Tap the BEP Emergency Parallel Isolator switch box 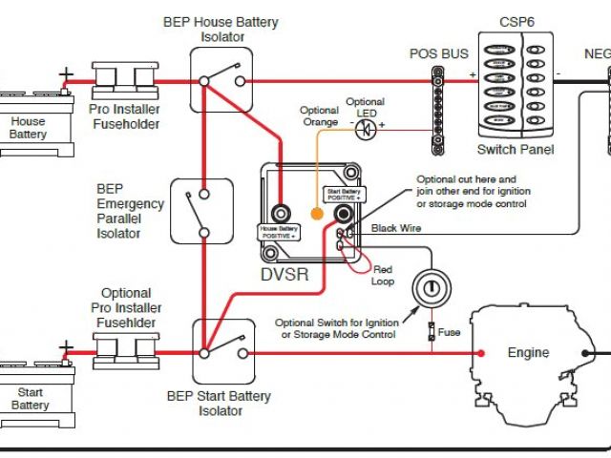click(201, 211)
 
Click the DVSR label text click(285, 274)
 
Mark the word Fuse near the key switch click(452, 333)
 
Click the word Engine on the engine click(528, 353)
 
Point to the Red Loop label click(382, 275)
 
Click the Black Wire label click(395, 227)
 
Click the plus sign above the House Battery click(65, 73)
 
